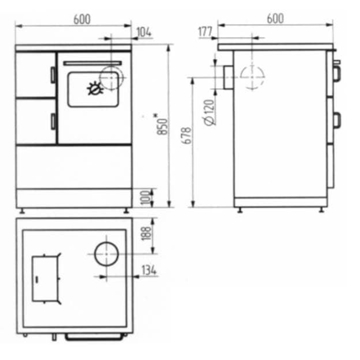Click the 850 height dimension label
[x=162, y=126]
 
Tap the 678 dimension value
[x=187, y=135]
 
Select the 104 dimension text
[x=144, y=32]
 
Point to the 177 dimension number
[x=205, y=32]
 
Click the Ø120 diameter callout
[x=210, y=112]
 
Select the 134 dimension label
[x=149, y=270]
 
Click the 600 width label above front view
[x=82, y=19]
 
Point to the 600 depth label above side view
[x=275, y=19]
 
